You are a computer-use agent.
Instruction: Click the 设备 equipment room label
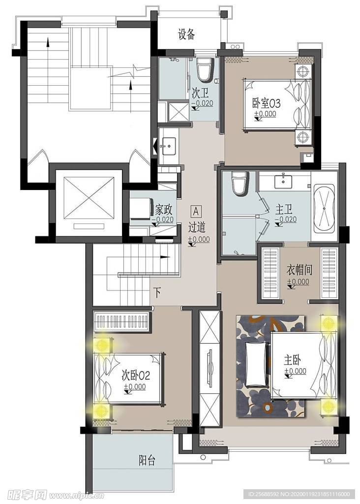pos(186,34)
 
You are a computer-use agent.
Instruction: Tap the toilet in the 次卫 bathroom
pos(204,69)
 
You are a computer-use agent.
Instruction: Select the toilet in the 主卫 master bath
pos(240,183)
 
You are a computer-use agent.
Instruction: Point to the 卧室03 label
pos(266,103)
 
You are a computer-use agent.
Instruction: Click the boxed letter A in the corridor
pos(196,212)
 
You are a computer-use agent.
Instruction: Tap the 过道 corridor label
pos(197,227)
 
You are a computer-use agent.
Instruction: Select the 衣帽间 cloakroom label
pos(300,270)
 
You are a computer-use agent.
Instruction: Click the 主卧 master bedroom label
pos(292,360)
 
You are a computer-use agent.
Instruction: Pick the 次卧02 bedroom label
pos(136,375)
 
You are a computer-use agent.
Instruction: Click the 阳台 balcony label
pos(147,460)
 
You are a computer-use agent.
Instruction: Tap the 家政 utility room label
pos(164,210)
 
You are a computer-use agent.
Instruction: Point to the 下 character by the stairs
pos(157,292)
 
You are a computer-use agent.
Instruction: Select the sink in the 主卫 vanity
pos(283,182)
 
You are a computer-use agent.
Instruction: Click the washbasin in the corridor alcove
pos(168,146)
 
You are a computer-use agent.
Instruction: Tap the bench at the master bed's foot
pos(256,364)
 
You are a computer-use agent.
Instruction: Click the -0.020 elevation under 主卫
pos(286,220)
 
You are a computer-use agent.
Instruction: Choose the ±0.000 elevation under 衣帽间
pos(299,282)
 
